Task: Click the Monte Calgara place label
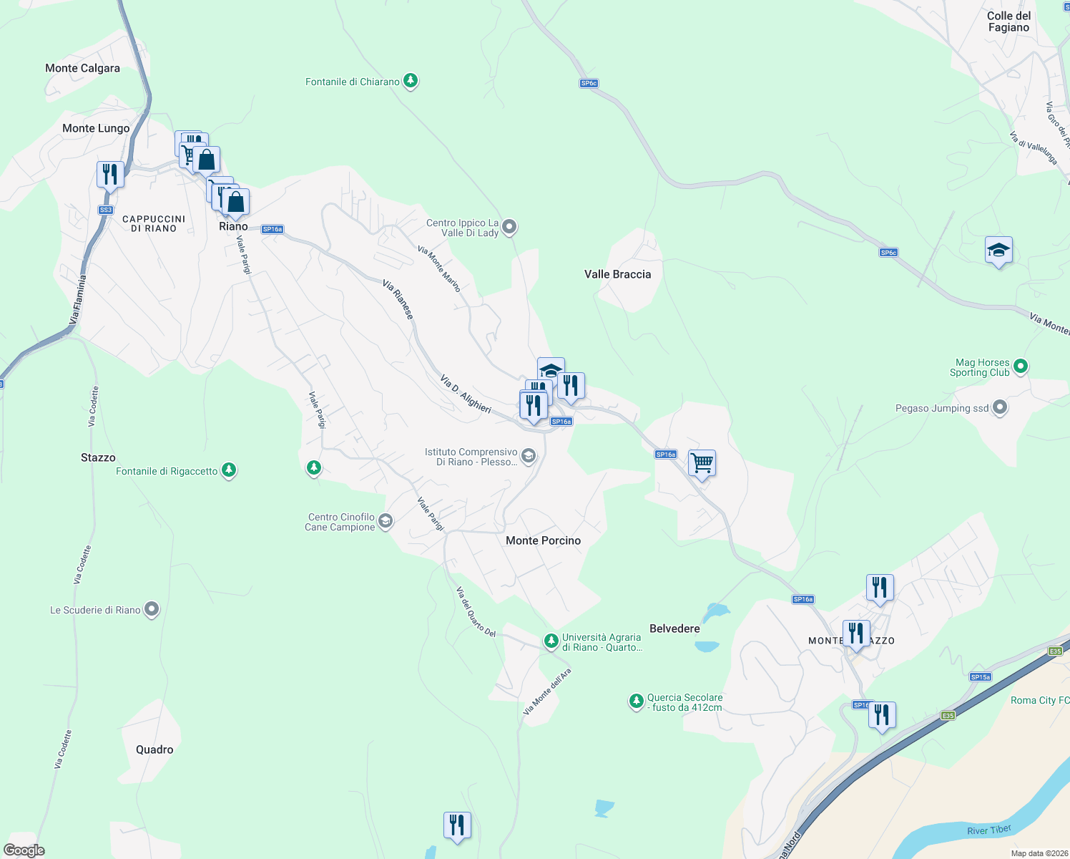click(82, 68)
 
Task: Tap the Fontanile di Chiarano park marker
click(411, 81)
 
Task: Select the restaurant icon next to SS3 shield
click(110, 175)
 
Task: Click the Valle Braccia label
click(617, 274)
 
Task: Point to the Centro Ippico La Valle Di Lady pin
click(509, 227)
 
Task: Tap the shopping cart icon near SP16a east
click(702, 463)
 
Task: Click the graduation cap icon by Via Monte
click(998, 251)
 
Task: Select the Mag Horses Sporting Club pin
click(1021, 367)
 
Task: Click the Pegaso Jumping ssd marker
click(1000, 408)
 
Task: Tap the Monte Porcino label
click(543, 540)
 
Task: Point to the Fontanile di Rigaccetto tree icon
click(229, 470)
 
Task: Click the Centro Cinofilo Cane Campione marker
click(386, 520)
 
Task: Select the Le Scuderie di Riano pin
click(152, 609)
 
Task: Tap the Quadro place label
click(154, 749)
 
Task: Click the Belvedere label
click(674, 629)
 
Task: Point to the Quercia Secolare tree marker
click(636, 701)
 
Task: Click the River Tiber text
click(989, 830)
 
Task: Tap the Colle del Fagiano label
click(1008, 21)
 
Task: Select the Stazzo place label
click(98, 457)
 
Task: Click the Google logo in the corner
click(24, 850)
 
